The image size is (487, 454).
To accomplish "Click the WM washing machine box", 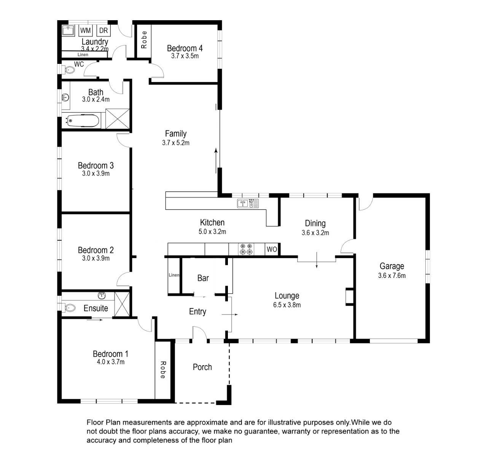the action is [85, 30].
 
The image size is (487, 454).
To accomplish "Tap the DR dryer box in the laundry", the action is [103, 30].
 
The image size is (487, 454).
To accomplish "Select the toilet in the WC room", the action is [68, 70].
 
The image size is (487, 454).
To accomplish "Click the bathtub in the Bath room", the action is [83, 121].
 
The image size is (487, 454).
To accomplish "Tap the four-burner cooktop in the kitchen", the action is [246, 249].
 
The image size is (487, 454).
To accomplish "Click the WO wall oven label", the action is [272, 249].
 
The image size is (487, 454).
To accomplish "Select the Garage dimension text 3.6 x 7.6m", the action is [392, 276].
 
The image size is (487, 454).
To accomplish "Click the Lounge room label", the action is [286, 296].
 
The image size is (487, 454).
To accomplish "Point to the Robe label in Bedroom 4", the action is [144, 40].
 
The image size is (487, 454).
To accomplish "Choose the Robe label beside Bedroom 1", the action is [163, 370].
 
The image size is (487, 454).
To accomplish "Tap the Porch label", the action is [202, 367].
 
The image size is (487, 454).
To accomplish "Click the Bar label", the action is [203, 278].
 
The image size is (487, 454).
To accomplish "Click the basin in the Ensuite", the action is [102, 296].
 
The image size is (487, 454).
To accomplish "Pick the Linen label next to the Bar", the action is [174, 275].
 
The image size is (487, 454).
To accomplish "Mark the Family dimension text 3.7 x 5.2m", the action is [175, 143].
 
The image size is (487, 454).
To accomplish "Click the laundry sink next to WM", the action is [68, 31].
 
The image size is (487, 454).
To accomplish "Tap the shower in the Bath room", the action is [118, 119].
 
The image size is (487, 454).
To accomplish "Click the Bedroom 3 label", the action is [95, 165].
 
